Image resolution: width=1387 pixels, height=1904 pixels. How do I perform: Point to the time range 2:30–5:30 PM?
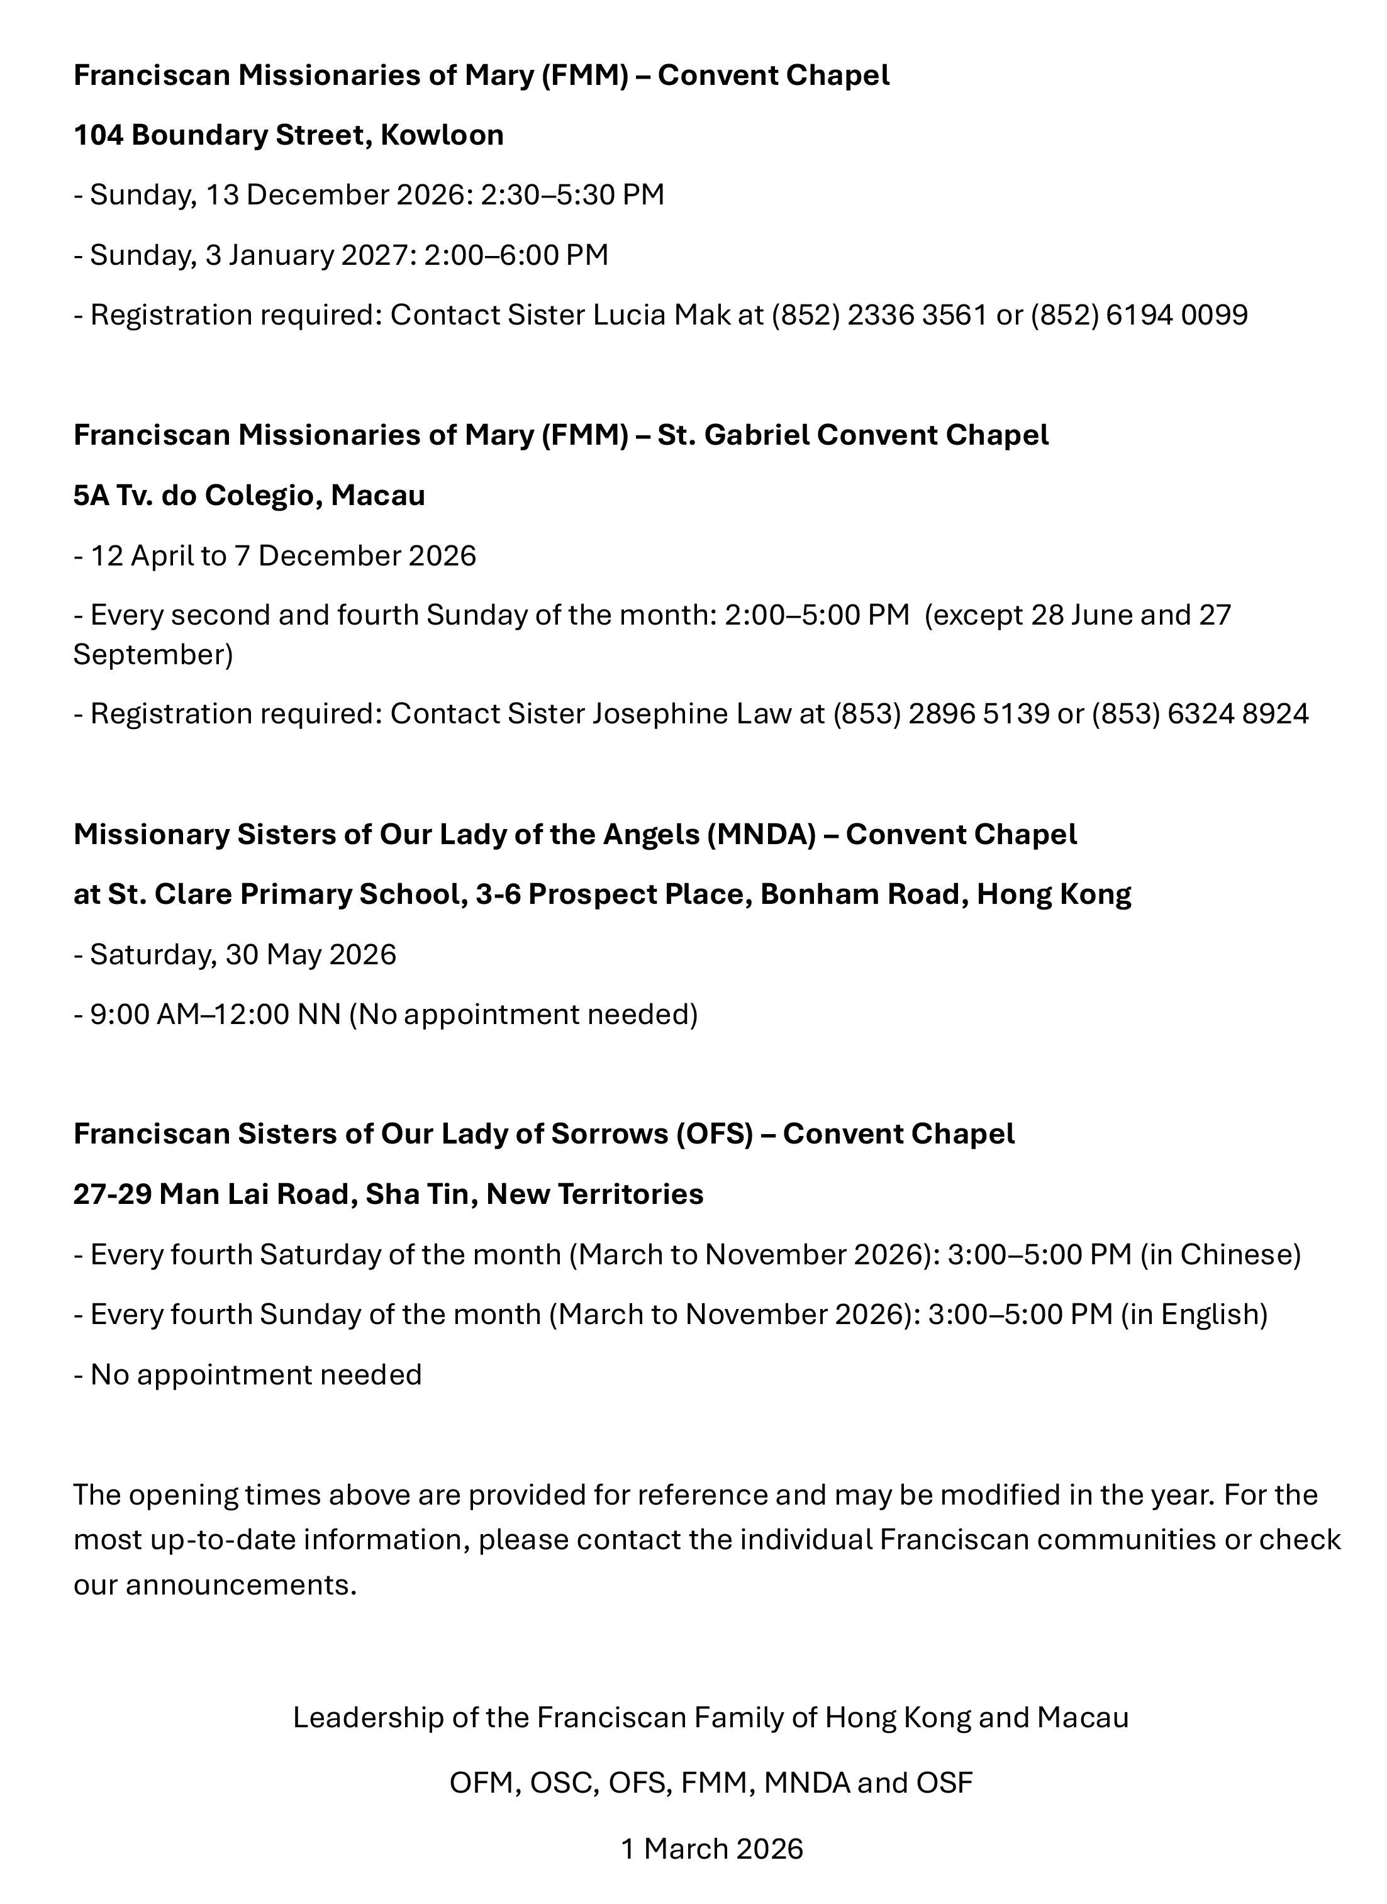click(572, 195)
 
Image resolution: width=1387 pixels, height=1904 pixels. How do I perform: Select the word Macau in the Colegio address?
click(378, 495)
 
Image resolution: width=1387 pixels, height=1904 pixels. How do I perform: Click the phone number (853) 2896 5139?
click(941, 713)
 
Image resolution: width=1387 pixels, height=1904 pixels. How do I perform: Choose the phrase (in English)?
click(1194, 1314)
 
